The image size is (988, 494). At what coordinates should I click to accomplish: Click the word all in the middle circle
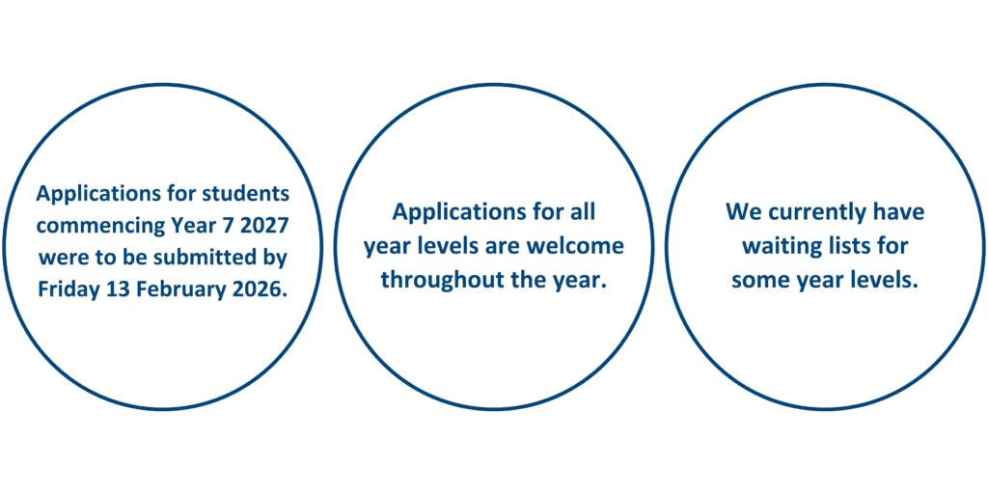(584, 211)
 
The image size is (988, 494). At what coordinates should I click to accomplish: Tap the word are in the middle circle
(506, 246)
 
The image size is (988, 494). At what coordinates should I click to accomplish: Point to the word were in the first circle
(61, 260)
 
